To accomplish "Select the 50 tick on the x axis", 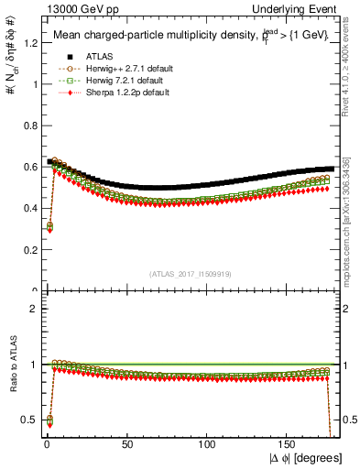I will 126,445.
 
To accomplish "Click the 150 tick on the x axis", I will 289,445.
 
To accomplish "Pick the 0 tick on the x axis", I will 46,445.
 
